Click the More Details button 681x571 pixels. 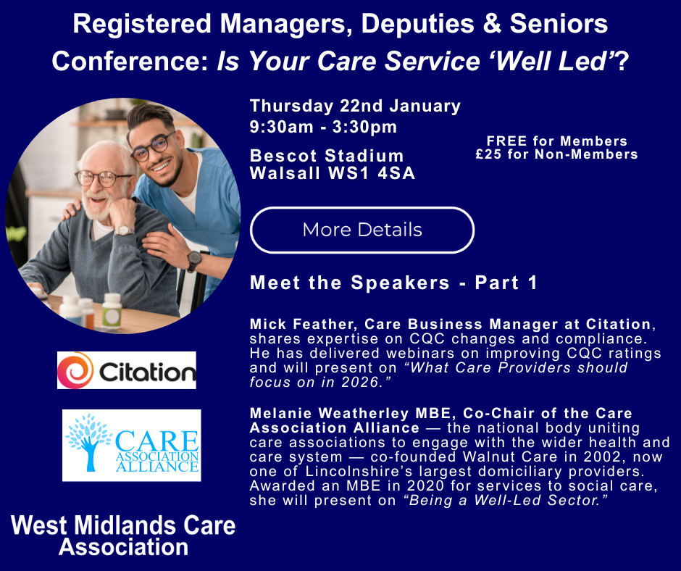[x=362, y=230]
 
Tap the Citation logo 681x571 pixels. [x=127, y=371]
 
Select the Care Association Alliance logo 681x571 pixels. [x=131, y=446]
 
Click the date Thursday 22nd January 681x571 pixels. [x=355, y=106]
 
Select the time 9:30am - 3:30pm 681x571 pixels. [x=323, y=128]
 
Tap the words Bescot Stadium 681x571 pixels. [x=327, y=156]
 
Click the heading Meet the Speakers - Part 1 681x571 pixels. [x=393, y=283]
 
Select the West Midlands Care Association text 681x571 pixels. [x=123, y=535]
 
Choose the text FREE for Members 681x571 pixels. [x=556, y=141]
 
